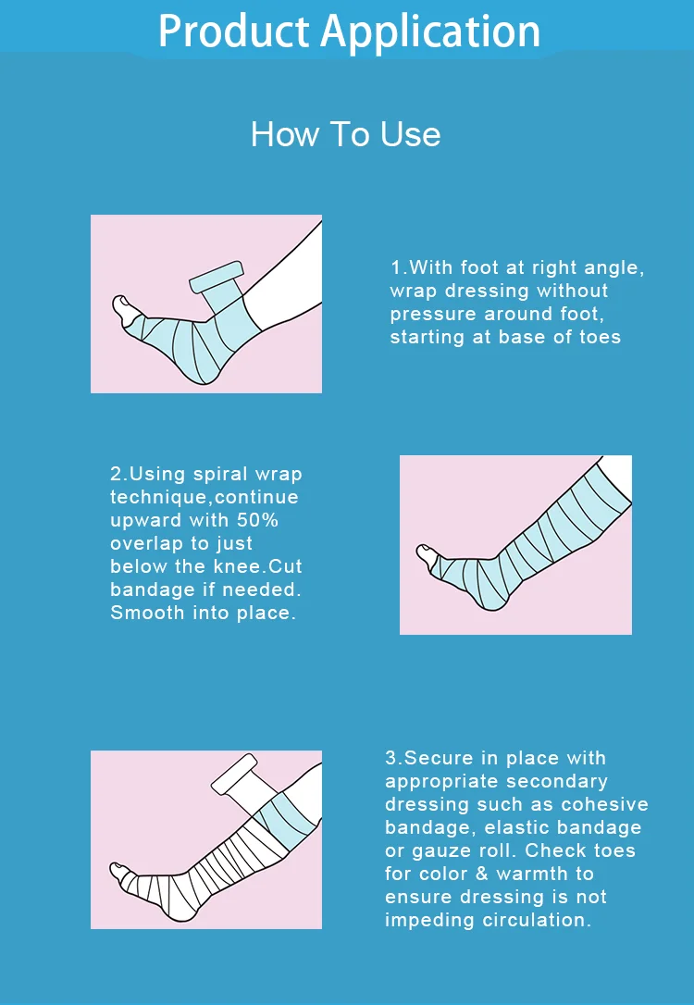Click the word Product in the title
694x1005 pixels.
coord(233,31)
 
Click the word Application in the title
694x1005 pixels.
coord(430,32)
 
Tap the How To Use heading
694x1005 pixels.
coord(345,135)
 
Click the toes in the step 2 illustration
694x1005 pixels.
coord(425,555)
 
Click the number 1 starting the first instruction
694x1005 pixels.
coord(395,267)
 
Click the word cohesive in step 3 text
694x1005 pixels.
coord(605,804)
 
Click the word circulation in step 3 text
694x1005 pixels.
coord(537,920)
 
